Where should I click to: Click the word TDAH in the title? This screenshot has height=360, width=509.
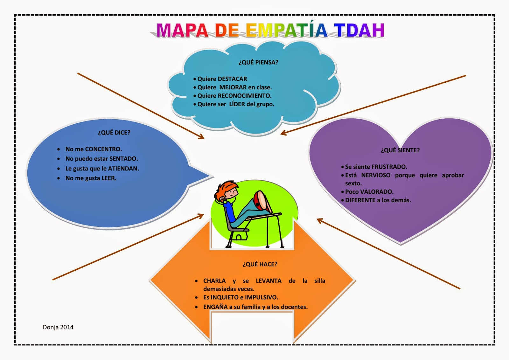click(359, 31)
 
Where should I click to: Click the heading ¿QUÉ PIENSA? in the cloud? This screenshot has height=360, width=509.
click(258, 62)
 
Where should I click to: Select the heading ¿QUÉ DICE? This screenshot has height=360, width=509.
click(114, 133)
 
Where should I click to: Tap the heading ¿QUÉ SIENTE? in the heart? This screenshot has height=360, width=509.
click(400, 150)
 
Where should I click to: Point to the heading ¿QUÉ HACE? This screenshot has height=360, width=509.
click(260, 264)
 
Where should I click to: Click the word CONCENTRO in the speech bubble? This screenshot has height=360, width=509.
click(103, 149)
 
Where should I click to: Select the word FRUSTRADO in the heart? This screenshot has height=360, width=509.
click(389, 167)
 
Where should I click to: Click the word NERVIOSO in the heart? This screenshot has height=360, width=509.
click(376, 175)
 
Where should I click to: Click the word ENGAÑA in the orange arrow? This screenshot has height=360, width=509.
click(215, 307)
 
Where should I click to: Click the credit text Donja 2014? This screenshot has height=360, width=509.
click(58, 327)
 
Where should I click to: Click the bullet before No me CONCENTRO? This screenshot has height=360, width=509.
click(59, 149)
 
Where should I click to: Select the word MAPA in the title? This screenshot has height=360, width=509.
click(182, 31)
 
